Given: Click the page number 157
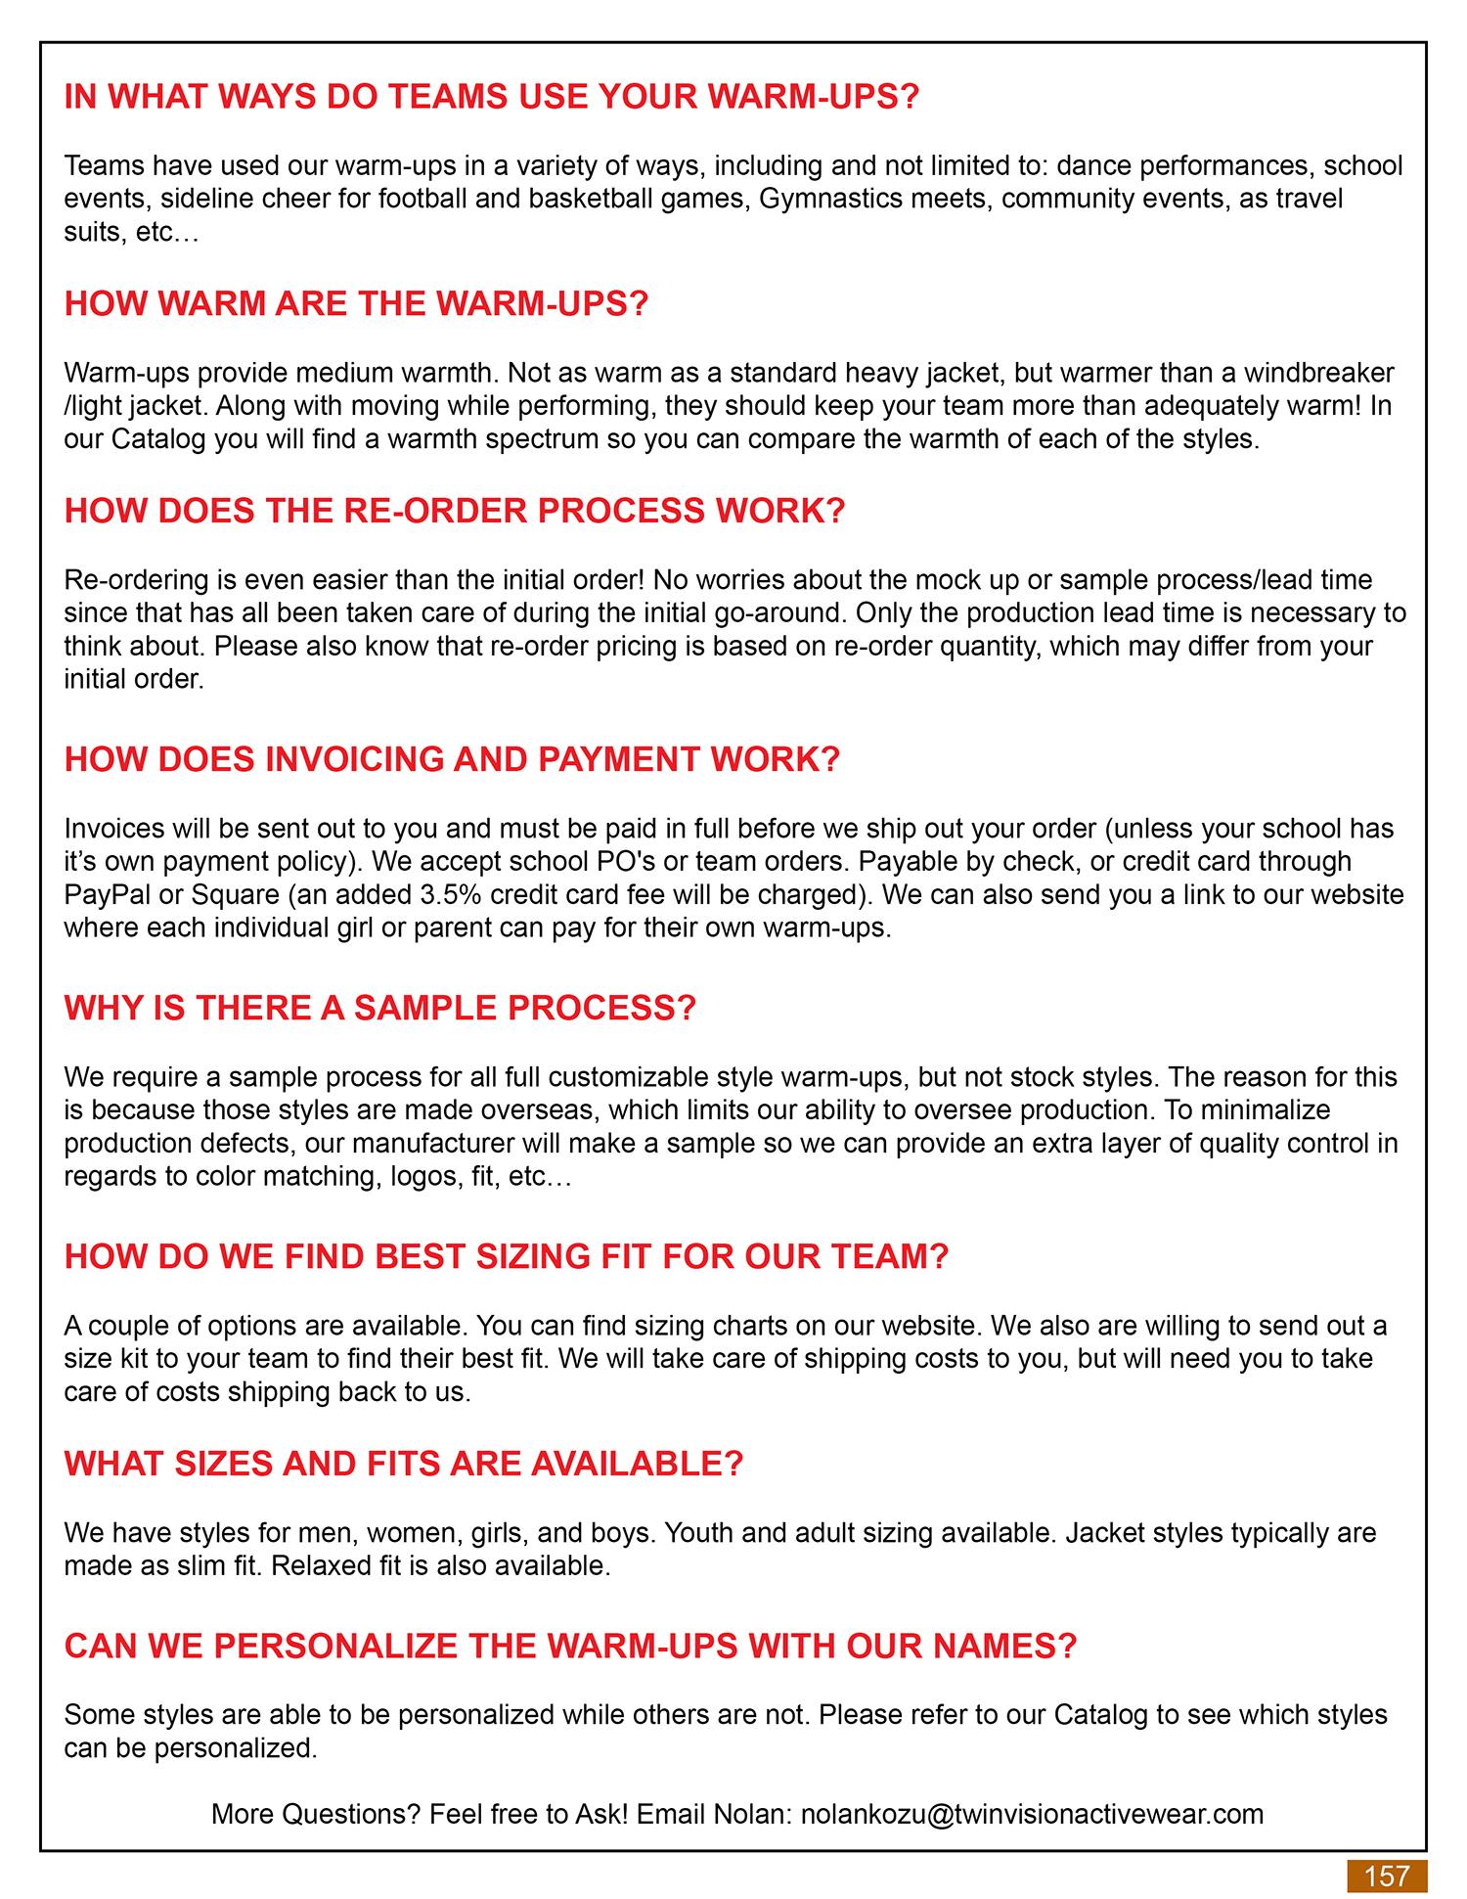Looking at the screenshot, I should (x=1387, y=1876).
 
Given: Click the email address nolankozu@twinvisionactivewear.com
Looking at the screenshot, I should (x=1032, y=1814).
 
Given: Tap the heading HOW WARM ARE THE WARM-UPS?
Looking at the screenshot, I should (x=356, y=303).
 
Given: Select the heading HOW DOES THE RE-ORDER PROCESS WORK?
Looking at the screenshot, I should (x=454, y=511).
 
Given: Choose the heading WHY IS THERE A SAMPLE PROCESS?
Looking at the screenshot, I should (x=379, y=1008).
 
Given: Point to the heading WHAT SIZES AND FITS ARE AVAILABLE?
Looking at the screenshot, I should (x=404, y=1464).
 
